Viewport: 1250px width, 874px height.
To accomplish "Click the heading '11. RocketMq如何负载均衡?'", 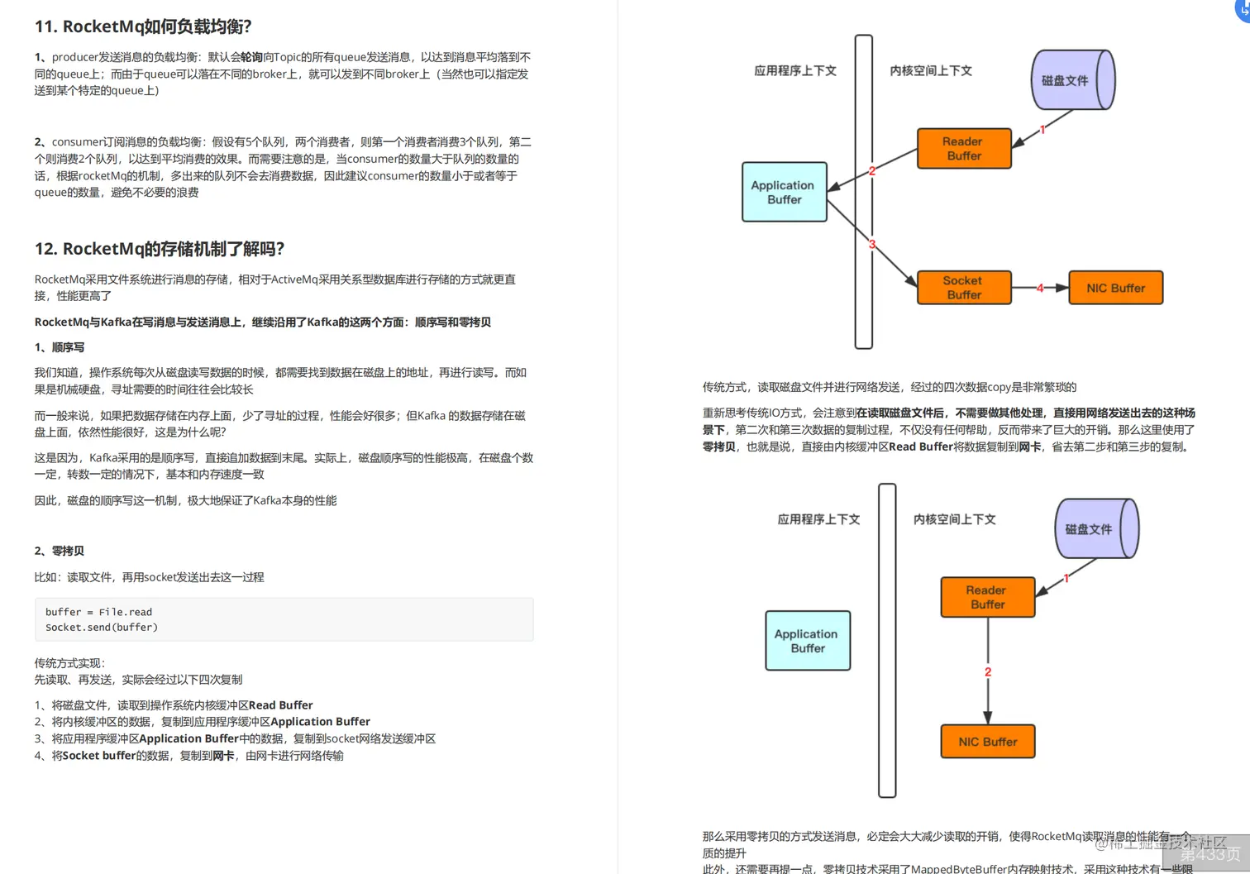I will coord(142,26).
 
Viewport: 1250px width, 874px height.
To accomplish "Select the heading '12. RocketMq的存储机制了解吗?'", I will coord(159,249).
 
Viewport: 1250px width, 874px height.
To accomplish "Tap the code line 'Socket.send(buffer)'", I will coord(101,628).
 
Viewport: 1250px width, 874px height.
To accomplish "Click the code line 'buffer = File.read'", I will coord(98,612).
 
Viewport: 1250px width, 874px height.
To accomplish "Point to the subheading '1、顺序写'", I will coord(60,347).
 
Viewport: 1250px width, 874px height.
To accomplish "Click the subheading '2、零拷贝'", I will coord(60,551).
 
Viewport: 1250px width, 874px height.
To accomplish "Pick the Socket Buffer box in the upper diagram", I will coord(964,288).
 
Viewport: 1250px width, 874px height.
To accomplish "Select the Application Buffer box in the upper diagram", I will coord(784,192).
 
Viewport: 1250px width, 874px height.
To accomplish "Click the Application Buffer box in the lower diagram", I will coord(808,641).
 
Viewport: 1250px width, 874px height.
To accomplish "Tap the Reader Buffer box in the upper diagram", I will coord(964,149).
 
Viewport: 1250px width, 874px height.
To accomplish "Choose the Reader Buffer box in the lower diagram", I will coord(987,597).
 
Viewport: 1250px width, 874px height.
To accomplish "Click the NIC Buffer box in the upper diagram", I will coord(1115,288).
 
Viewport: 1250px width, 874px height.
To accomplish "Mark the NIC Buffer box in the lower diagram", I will coord(987,742).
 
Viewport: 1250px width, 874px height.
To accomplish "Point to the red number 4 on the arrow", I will coord(1040,288).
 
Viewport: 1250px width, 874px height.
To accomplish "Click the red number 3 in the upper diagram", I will coord(872,244).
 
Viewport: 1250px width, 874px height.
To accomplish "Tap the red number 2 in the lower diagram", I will coord(987,671).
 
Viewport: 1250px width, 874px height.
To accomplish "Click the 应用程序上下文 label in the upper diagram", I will coord(795,71).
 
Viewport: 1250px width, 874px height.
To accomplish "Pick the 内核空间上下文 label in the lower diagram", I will coord(954,519).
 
